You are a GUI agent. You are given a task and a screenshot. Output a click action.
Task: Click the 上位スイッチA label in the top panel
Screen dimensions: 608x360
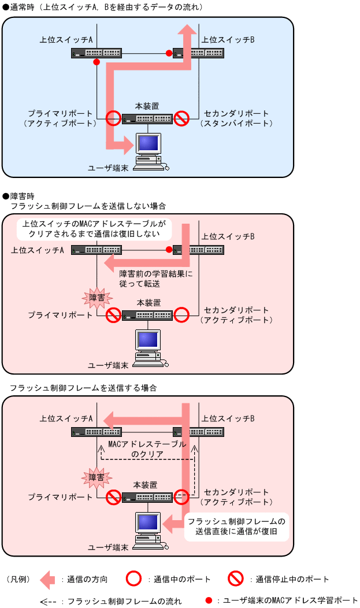coord(66,40)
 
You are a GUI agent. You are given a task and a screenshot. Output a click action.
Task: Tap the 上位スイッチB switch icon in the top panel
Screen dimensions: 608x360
coord(199,53)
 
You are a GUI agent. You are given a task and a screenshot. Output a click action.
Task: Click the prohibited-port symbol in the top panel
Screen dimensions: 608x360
coord(182,118)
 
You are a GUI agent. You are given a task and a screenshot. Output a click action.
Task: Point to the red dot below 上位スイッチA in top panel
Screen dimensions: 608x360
coord(97,62)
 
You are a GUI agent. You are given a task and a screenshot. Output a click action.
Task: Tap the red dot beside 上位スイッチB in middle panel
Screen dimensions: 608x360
coord(169,250)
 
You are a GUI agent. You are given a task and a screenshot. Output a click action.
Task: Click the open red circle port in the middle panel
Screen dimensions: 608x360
coord(182,315)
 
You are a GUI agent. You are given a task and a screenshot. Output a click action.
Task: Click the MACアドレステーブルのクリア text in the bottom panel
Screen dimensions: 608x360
coord(147,449)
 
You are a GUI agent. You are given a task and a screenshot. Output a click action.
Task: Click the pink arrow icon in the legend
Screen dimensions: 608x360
coord(49,579)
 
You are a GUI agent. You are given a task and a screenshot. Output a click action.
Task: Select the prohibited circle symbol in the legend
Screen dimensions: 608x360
coord(235,579)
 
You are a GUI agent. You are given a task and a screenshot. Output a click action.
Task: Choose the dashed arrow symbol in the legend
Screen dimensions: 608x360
coord(49,601)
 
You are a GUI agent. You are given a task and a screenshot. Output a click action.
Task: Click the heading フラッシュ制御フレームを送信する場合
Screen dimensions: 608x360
coord(83,388)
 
